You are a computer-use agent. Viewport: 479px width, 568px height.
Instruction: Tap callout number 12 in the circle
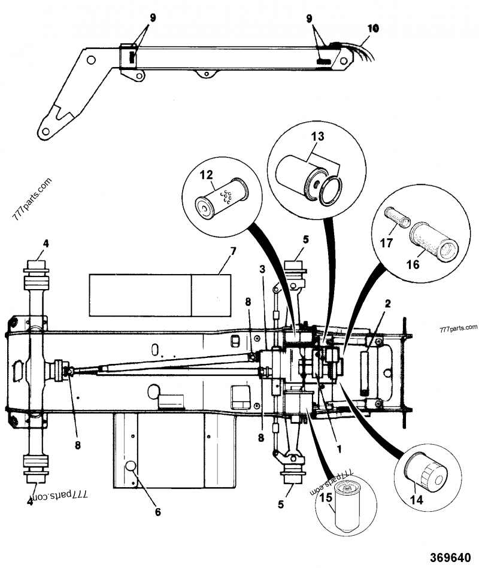tap(206, 175)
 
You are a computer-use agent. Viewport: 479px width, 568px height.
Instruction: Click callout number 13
tap(317, 137)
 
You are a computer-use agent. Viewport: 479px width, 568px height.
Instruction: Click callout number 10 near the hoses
tap(373, 28)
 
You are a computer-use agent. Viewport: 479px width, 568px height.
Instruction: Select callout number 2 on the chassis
tap(387, 304)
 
